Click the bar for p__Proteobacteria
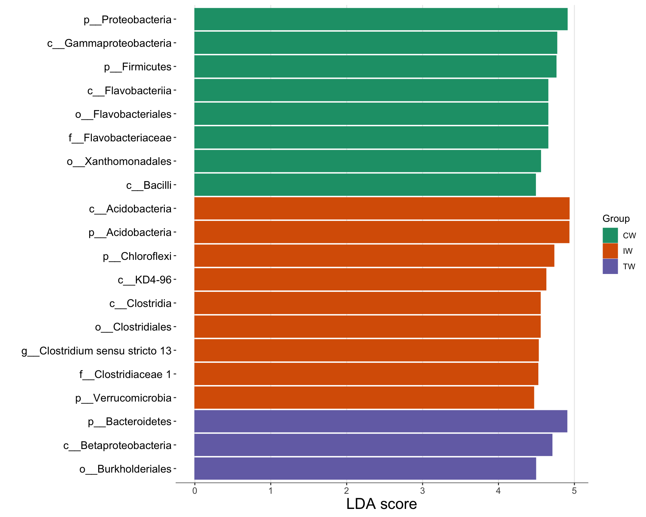point(381,19)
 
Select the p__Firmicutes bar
point(375,67)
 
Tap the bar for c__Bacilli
point(365,185)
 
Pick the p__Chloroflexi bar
point(374,256)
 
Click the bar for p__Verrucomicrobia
point(364,398)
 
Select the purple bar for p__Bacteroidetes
point(381,421)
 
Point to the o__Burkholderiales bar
point(365,469)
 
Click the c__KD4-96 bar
point(370,279)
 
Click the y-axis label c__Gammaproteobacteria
point(109,43)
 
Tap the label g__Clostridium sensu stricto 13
point(97,351)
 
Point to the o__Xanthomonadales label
point(119,161)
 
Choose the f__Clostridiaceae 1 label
point(125,374)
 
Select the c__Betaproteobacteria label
point(117,445)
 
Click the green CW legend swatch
point(610,235)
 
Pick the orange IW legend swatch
point(610,251)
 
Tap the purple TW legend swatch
point(610,266)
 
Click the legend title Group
point(616,218)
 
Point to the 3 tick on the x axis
point(422,491)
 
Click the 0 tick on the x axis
point(194,491)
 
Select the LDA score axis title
point(381,504)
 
